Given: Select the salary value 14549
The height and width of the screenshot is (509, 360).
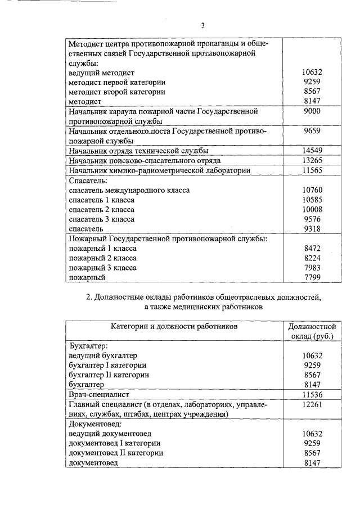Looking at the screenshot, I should coord(312,150).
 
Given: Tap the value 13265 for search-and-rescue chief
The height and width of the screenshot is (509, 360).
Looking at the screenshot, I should coord(312,160).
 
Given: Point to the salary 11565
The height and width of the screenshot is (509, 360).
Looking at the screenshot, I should coord(312,170).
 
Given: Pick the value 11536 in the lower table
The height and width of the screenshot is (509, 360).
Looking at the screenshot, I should coord(312,395).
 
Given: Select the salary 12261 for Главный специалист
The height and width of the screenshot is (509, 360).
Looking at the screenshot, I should coord(312,404).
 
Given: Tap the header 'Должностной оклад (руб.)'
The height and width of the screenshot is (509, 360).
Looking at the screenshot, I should coord(312,331).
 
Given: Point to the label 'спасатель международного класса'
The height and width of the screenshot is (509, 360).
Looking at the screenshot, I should coord(129,190).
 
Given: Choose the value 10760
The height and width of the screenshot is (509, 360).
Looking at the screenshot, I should coord(312,190).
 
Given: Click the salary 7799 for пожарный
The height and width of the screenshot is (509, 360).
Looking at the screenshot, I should coord(312,277).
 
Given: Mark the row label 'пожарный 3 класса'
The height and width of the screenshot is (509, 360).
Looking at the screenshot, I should coord(102,268).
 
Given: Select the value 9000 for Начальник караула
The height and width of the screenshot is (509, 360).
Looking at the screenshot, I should coord(312,111).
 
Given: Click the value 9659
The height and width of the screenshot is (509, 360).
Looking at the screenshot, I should coord(312,130).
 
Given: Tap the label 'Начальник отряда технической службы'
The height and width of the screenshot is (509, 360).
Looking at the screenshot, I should coord(138,150).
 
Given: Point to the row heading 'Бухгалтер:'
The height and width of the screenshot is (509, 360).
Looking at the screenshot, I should coord(88,346).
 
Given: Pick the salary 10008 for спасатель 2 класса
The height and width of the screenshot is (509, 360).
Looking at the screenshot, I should coord(312,209).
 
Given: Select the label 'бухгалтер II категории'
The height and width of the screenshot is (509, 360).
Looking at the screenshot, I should coord(109,375).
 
